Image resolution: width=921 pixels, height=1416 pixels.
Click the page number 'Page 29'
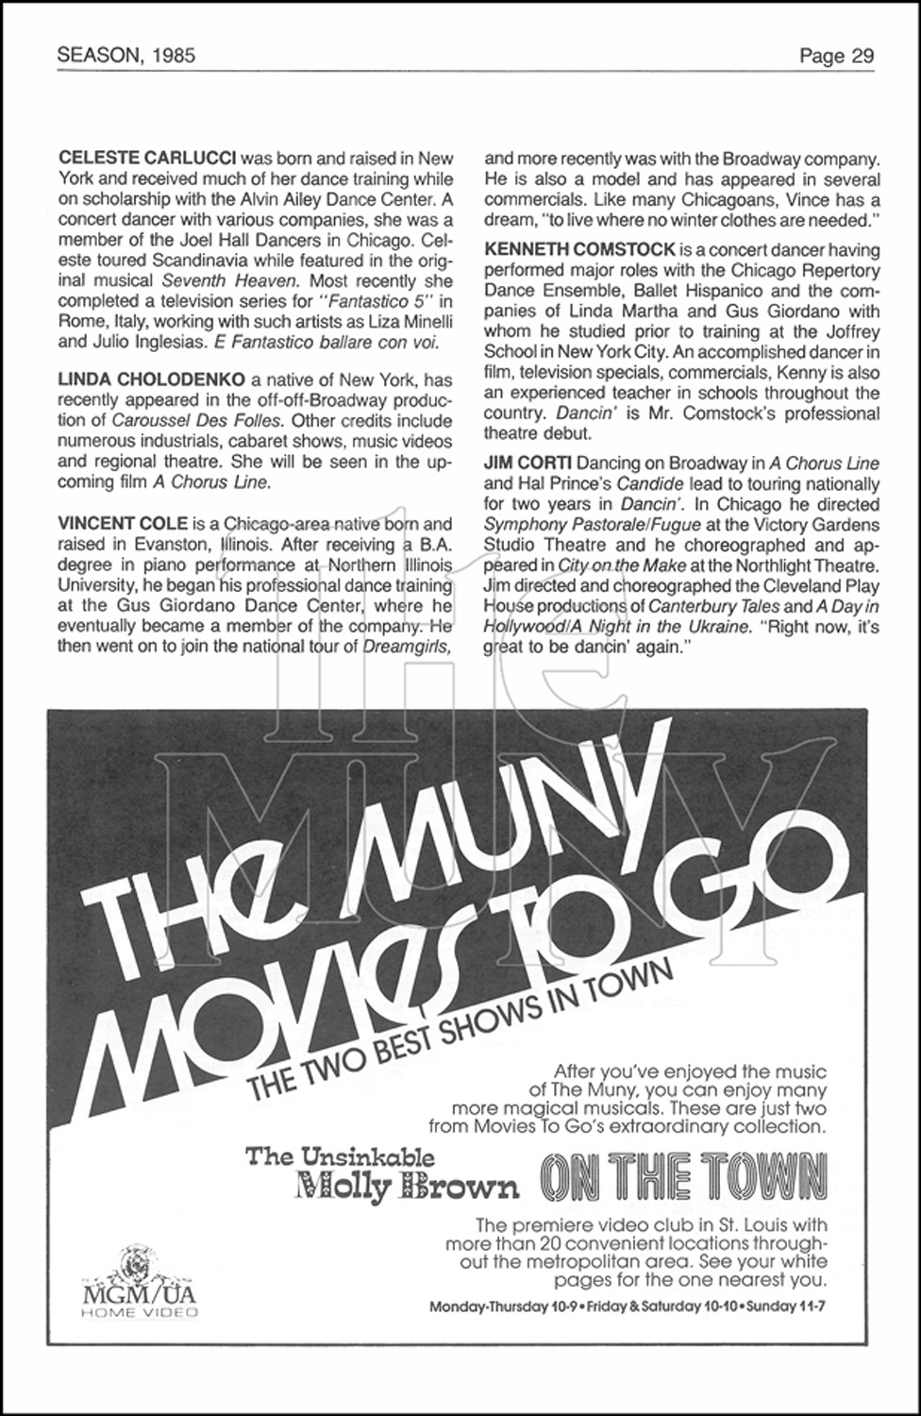click(x=836, y=56)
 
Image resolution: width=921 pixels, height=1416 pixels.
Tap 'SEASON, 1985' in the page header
click(x=126, y=56)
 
